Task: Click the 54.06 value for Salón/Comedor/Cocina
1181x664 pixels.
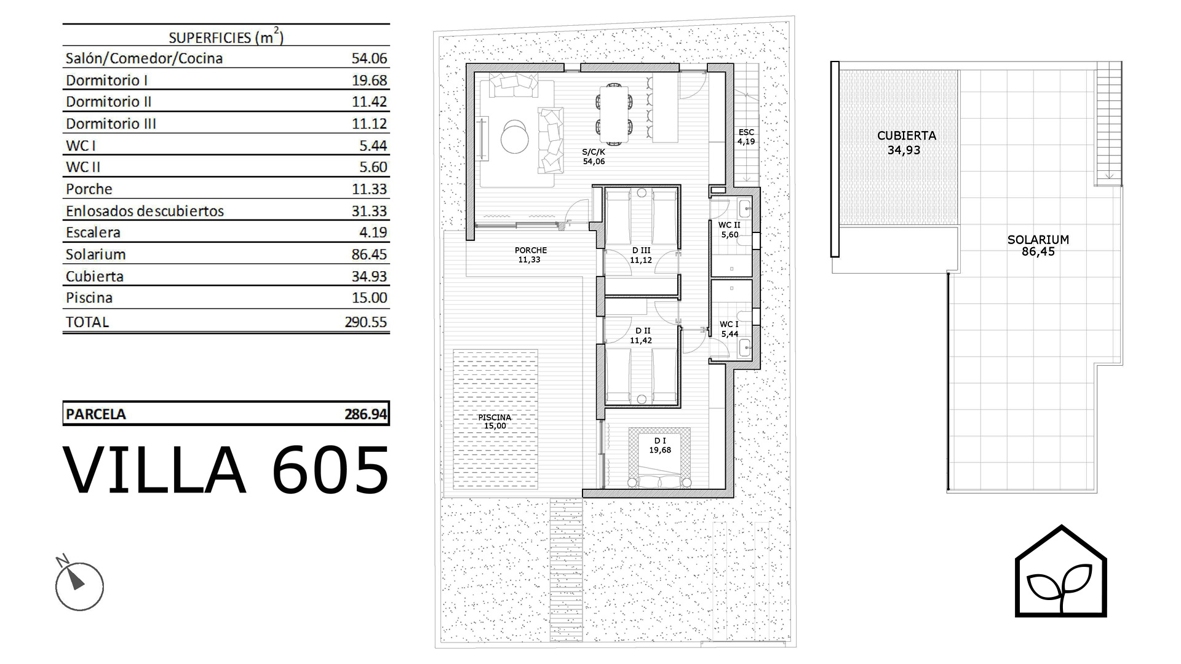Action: (369, 58)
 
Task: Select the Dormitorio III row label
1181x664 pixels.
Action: (111, 124)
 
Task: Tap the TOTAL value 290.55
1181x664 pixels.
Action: (366, 322)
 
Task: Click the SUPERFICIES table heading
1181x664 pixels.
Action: (226, 37)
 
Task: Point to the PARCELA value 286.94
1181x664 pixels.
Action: (366, 414)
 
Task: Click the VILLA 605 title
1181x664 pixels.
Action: (226, 470)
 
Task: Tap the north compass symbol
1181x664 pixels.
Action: (79, 584)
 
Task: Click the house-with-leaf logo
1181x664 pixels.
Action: (1060, 571)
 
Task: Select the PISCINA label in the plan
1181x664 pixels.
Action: (495, 421)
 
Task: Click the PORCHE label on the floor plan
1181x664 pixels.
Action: (530, 255)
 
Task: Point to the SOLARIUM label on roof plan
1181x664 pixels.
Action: (1038, 245)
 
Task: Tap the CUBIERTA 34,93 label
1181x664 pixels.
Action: (906, 143)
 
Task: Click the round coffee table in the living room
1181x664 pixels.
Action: (514, 136)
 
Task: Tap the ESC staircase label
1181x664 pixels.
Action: (746, 136)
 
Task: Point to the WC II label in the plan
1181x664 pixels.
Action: (730, 229)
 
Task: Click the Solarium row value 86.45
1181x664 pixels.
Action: (369, 255)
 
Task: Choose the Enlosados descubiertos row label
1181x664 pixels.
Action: (145, 211)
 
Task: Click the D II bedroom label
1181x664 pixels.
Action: (641, 335)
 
